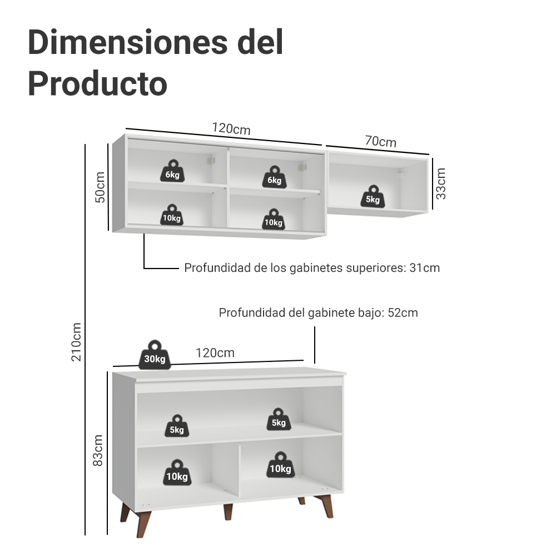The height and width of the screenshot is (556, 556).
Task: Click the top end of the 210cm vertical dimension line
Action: (x=85, y=145)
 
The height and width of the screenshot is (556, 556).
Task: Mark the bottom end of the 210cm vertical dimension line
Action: (x=85, y=535)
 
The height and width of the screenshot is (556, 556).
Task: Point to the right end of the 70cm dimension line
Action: (x=429, y=154)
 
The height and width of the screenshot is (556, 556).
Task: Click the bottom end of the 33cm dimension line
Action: (x=433, y=209)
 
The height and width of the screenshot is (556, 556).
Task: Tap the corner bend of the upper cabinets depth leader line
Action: (x=144, y=269)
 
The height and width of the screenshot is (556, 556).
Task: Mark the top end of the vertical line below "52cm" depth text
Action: (x=315, y=327)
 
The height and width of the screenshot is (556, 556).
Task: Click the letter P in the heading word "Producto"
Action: (x=38, y=83)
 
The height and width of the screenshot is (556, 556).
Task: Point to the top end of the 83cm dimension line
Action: (x=107, y=372)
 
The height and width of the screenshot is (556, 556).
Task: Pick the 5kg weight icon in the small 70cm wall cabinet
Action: (x=373, y=196)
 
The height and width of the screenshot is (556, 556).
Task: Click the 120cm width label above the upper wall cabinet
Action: (x=231, y=129)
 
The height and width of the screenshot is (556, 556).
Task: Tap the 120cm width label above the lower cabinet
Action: (x=215, y=353)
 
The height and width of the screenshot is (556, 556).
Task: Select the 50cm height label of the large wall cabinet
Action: (x=100, y=187)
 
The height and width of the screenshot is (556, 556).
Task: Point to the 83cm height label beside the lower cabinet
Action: (x=97, y=451)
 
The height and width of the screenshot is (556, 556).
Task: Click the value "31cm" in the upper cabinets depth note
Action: (x=424, y=268)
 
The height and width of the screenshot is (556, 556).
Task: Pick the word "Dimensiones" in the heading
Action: (x=128, y=42)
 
